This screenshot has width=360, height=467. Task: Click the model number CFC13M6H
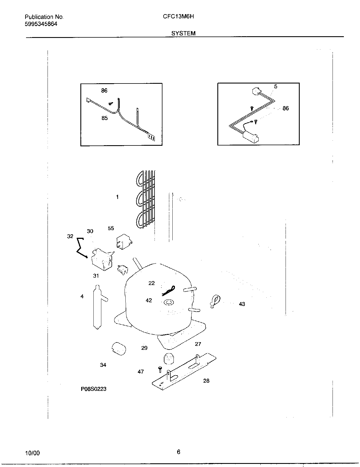click(178, 16)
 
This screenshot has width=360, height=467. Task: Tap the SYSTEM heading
click(183, 33)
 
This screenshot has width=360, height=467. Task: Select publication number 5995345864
click(41, 24)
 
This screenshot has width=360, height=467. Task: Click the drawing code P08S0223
click(94, 389)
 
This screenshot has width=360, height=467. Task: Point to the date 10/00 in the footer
click(33, 453)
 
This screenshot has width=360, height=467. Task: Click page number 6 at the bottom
click(178, 452)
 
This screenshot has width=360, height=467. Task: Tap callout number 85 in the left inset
click(104, 118)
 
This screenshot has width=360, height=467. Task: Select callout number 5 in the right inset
click(275, 86)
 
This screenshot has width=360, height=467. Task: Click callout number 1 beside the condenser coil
click(117, 197)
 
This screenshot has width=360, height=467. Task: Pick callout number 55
click(111, 228)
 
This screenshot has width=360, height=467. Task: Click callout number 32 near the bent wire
click(70, 236)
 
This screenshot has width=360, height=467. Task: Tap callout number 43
click(242, 304)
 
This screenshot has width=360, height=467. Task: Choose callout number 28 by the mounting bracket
click(206, 381)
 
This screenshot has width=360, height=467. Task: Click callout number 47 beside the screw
click(141, 372)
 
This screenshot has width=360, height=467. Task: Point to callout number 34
click(103, 365)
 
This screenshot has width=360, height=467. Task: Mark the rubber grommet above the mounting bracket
click(169, 359)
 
